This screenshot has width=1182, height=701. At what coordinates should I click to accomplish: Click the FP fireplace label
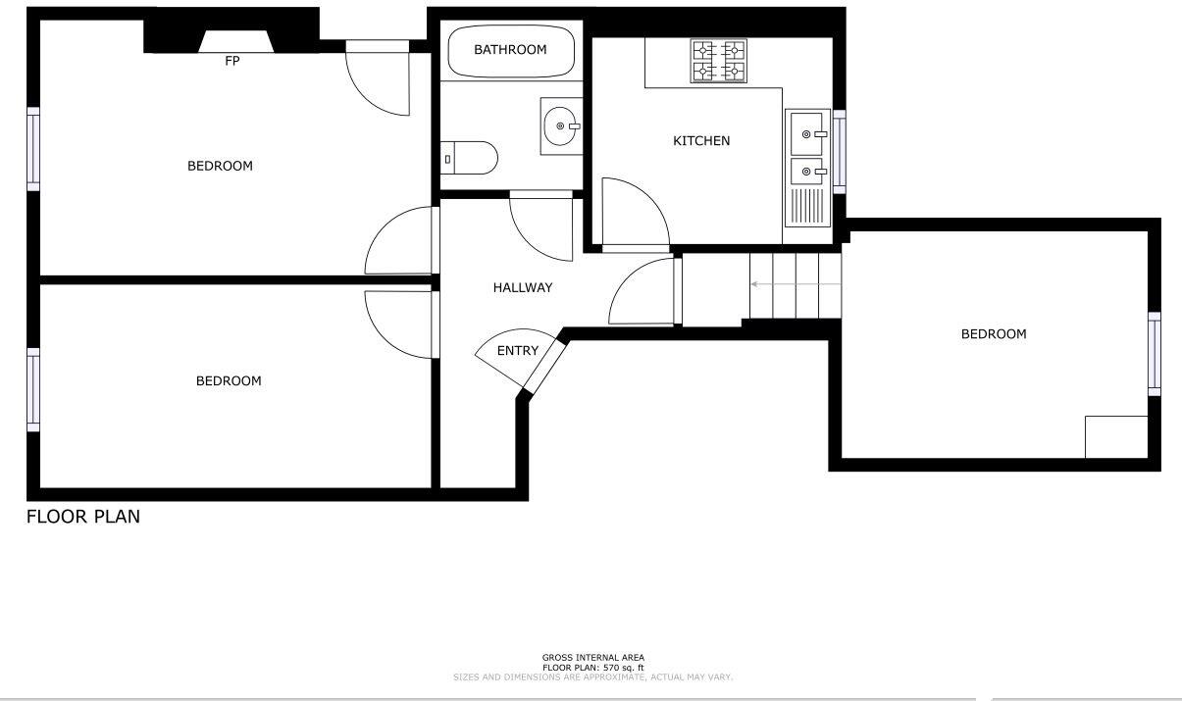[232, 61]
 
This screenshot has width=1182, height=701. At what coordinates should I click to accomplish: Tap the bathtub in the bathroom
[510, 50]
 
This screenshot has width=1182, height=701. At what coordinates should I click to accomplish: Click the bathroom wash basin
[561, 125]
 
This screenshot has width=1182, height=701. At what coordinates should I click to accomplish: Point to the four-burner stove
[718, 61]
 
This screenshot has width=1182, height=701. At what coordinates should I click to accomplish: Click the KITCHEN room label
[701, 141]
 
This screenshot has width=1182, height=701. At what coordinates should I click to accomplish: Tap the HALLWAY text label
[522, 288]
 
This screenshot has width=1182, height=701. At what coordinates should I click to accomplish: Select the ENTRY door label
[517, 351]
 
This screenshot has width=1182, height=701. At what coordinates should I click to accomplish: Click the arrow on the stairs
[795, 284]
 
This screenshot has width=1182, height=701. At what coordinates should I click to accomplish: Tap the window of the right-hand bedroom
[1155, 353]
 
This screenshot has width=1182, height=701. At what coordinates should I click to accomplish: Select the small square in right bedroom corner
[1115, 436]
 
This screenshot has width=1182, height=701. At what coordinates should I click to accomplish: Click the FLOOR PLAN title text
[83, 517]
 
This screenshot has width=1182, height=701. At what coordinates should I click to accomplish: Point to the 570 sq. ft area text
[593, 668]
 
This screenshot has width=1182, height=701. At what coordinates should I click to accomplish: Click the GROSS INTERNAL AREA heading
[593, 658]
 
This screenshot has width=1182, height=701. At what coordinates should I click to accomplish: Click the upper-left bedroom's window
[33, 148]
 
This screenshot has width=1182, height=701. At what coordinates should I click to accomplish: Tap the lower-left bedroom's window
[33, 388]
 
